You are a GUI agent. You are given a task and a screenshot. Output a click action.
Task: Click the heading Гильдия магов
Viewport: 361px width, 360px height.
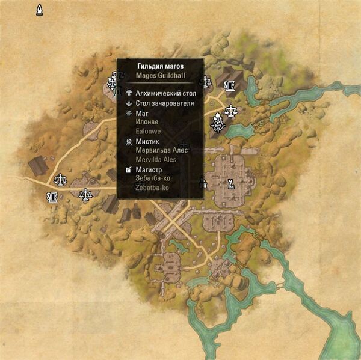point(159,67)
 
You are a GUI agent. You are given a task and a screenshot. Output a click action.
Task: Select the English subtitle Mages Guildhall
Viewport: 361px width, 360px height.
point(159,76)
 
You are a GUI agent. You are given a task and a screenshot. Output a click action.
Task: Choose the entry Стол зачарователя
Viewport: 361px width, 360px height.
point(164,103)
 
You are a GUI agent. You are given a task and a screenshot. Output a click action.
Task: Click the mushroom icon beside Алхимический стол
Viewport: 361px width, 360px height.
point(129,94)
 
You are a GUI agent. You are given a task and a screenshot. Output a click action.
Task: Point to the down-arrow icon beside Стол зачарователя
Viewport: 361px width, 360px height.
point(129,103)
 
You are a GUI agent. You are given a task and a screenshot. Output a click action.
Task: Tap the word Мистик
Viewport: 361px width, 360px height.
point(147,141)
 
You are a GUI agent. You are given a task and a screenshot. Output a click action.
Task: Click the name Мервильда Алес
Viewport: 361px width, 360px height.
point(162,150)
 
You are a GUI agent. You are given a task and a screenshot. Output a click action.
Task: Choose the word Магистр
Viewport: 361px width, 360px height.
point(150,170)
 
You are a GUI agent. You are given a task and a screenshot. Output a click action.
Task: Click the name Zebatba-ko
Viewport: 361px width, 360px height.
point(152,188)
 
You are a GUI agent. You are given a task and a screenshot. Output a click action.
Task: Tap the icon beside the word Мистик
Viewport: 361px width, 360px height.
point(129,141)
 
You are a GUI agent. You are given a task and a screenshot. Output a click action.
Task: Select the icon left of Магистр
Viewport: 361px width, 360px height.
point(129,170)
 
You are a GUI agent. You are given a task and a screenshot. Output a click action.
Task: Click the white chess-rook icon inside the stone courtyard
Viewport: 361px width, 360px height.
point(230,183)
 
